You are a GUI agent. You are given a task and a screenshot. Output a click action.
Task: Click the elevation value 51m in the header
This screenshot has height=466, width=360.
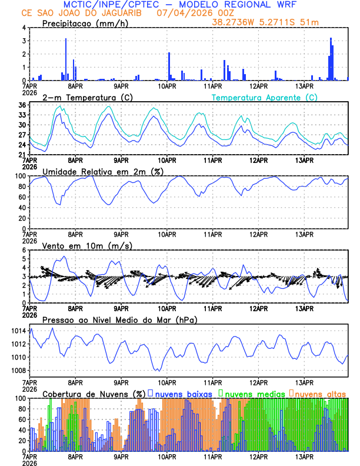pyautogui.click(x=309, y=21)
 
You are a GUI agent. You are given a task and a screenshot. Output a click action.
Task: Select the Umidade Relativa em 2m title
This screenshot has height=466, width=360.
pyautogui.click(x=103, y=171)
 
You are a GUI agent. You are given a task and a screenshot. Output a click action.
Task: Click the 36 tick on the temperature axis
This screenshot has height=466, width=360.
pyautogui.click(x=22, y=105)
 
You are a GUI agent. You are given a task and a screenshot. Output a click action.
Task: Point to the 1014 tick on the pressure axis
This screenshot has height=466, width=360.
pyautogui.click(x=18, y=331)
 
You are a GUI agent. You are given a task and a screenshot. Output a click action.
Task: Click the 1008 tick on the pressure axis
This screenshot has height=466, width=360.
pyautogui.click(x=18, y=370)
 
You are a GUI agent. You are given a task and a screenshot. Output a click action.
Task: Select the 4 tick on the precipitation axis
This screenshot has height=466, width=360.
pyautogui.click(x=24, y=28)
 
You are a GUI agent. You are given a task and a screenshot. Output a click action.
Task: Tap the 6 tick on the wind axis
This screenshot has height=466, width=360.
pyautogui.click(x=24, y=250)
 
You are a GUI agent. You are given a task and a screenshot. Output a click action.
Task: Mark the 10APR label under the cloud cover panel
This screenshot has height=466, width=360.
pyautogui.click(x=167, y=457)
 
